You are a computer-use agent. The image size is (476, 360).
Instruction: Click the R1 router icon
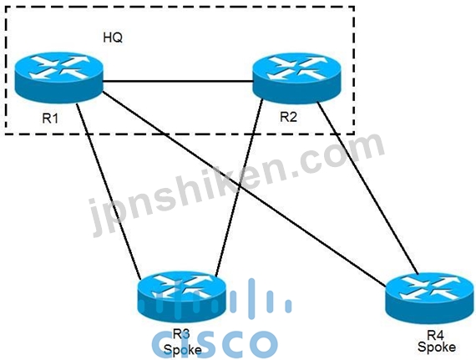click(x=59, y=78)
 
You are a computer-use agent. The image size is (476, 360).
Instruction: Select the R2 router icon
click(x=297, y=78)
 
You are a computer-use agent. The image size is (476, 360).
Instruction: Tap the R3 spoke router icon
click(x=182, y=297)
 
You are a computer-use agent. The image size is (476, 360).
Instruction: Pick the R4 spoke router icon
click(x=430, y=297)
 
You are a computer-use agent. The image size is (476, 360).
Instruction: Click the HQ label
click(x=113, y=38)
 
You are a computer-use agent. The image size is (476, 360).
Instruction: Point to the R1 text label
click(x=50, y=118)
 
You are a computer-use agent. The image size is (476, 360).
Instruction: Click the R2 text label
click(x=288, y=117)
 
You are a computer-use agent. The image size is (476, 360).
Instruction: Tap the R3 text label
click(x=181, y=334)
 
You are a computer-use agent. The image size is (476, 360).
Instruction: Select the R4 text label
click(x=436, y=336)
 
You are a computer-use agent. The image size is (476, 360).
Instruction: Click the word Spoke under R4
click(x=437, y=347)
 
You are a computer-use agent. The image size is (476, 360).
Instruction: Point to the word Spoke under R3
click(x=182, y=350)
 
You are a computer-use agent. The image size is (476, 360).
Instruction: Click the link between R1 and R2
click(x=178, y=81)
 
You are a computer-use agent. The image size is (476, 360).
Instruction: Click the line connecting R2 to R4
click(x=367, y=188)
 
